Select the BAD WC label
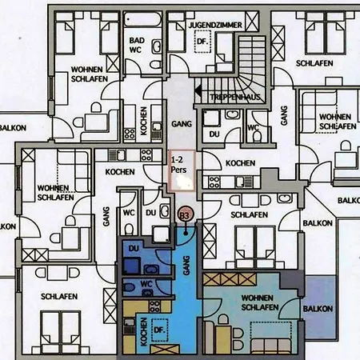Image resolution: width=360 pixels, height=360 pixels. click(137, 44)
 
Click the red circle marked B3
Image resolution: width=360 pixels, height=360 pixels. click(183, 215)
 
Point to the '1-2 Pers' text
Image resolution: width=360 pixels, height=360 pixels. click(180, 166)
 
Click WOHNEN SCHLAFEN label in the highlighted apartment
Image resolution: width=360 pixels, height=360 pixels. click(258, 302)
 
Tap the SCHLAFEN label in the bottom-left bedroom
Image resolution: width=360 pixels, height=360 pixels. click(60, 296)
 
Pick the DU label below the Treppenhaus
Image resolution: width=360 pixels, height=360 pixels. click(214, 135)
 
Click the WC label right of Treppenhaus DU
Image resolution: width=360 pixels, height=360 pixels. click(253, 127)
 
